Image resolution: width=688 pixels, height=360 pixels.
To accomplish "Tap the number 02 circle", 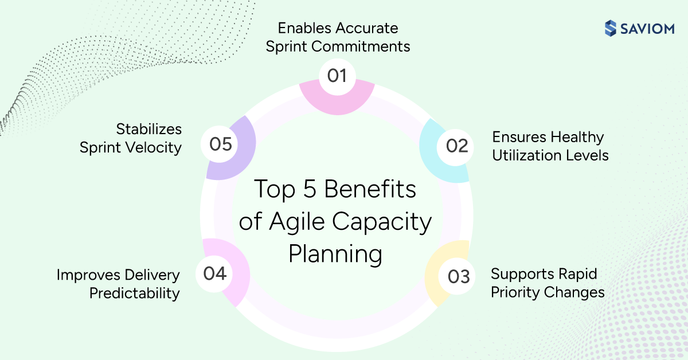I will coord(457,146).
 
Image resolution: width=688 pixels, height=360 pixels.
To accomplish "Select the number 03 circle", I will coord(458,277).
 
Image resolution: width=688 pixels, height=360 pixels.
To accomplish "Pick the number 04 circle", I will coord(215,273).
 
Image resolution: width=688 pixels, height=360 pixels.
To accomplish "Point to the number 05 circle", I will coord(220,144).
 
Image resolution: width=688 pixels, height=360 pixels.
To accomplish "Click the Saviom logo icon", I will coord(611,28).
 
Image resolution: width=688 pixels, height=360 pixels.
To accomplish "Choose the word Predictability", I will coord(135,294).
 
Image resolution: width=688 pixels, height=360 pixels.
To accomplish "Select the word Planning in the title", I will coord(335,254).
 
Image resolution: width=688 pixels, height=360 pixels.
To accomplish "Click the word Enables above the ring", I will coord(303,28).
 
